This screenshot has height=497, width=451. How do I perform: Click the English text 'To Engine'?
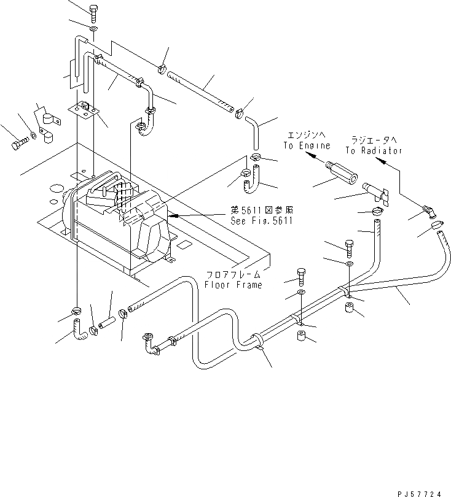click(x=307, y=146)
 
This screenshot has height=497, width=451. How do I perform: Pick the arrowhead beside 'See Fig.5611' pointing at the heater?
click(x=173, y=216)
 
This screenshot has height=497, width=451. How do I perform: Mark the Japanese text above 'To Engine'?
click(x=307, y=136)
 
